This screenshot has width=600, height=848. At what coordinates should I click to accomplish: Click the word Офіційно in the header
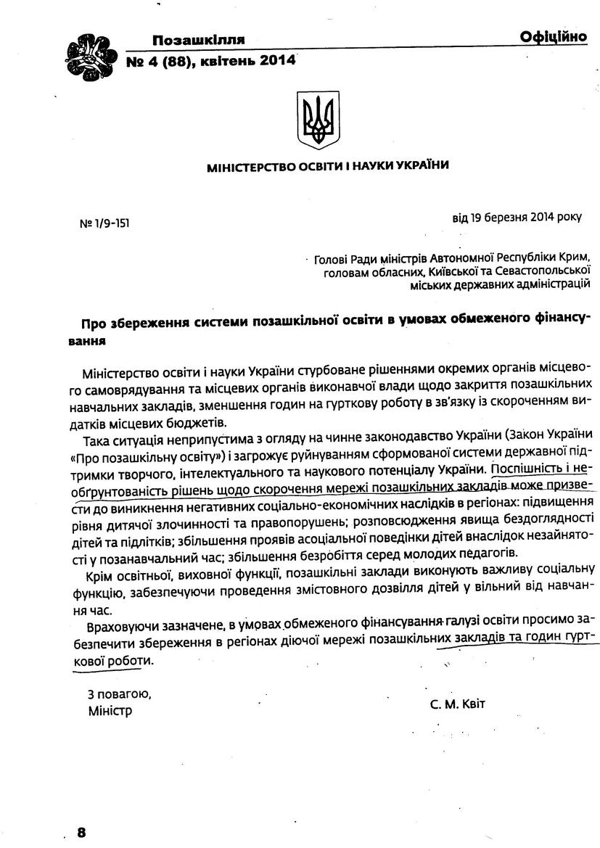pos(553,38)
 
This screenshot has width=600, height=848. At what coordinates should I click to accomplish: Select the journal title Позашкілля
pos(198,40)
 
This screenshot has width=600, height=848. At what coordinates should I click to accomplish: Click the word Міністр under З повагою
pos(110,710)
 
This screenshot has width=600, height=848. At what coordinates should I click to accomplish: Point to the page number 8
pos(81,832)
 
